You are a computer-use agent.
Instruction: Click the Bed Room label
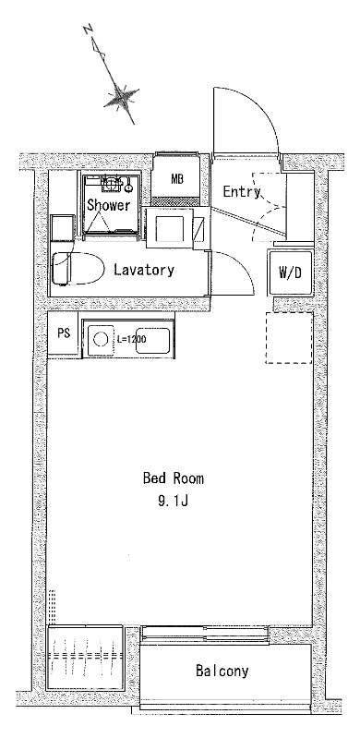point(174,478)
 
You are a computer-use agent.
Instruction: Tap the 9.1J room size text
point(174,502)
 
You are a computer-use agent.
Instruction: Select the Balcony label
point(222,671)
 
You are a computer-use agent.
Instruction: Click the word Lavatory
point(144,270)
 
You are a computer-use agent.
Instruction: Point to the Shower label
point(108,205)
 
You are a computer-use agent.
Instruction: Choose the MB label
point(177,179)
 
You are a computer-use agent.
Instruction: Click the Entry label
point(242,192)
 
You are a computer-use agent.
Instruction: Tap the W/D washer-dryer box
point(290,273)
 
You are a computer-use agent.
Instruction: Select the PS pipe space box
point(64,333)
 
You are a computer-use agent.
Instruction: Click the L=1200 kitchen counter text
point(131,338)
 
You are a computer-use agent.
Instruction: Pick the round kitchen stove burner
point(101,339)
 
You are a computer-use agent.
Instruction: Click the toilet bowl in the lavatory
point(78,269)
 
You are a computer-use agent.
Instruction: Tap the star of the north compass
point(122,97)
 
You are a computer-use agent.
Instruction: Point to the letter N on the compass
point(87,30)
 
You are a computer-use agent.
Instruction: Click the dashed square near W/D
point(289,338)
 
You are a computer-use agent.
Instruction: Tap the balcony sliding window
point(205,634)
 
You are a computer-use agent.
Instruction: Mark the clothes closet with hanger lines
point(85,658)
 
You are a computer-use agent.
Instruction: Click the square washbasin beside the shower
point(169,228)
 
